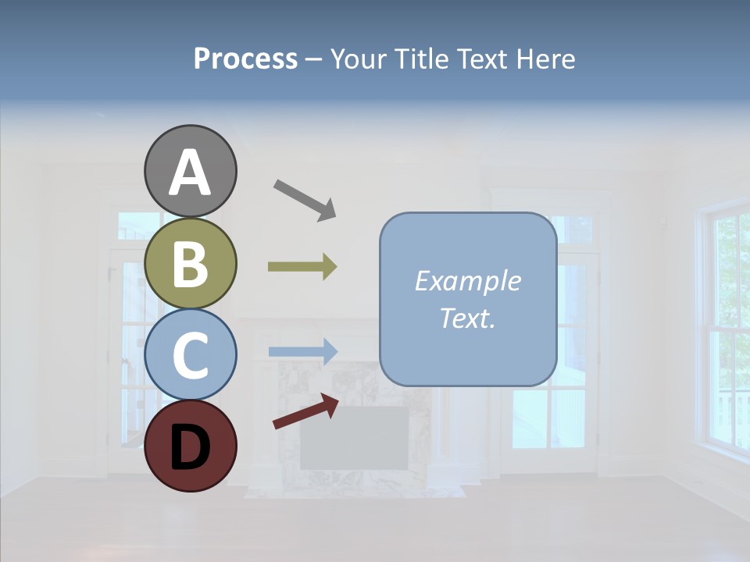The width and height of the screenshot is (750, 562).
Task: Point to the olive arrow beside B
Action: click(x=302, y=267)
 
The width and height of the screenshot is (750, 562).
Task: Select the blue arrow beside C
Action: click(x=302, y=351)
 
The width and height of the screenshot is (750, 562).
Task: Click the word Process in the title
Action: click(x=245, y=59)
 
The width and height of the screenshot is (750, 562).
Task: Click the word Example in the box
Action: click(x=467, y=281)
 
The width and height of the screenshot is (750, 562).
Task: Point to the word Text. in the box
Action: click(x=467, y=318)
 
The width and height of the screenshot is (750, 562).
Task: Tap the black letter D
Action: click(x=190, y=446)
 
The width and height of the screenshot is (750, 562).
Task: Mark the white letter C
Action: click(x=190, y=355)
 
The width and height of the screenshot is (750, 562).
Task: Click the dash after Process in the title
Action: click(x=314, y=60)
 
